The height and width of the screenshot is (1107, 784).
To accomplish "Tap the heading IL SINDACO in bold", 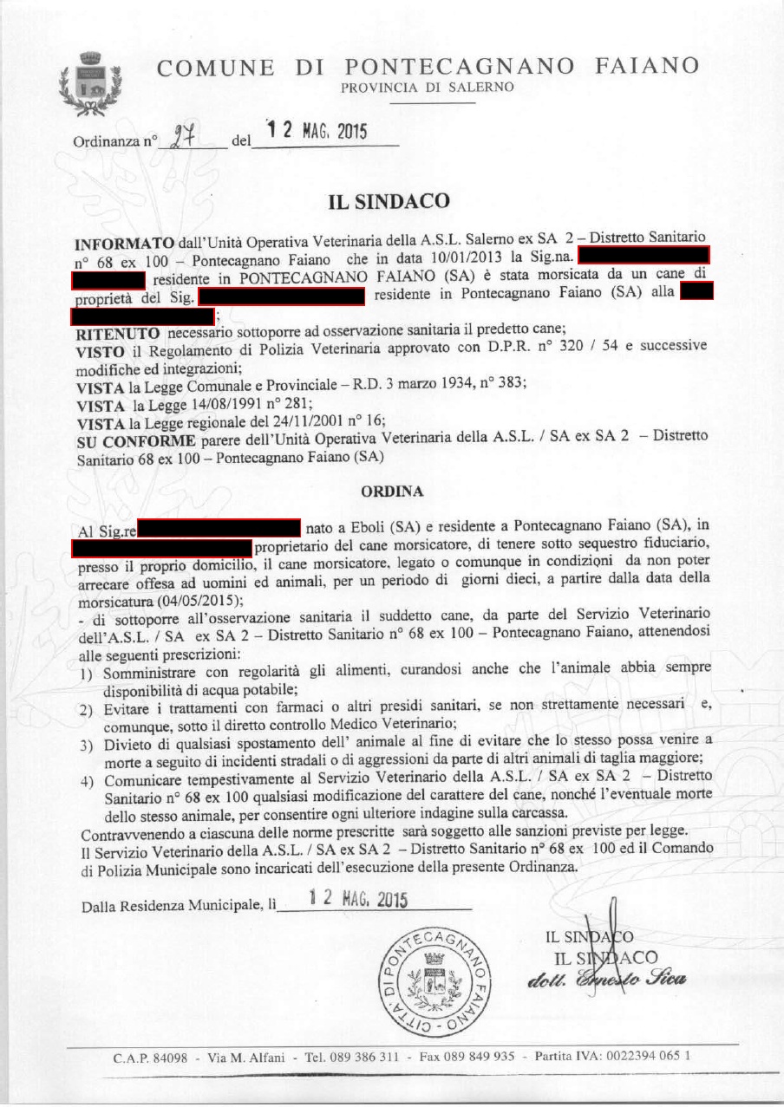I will point(389,202).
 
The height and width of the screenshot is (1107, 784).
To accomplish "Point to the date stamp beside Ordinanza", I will point(317,132).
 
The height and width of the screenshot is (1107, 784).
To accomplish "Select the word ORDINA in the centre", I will point(391,492).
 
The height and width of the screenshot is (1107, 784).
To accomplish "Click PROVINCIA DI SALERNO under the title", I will point(427,88).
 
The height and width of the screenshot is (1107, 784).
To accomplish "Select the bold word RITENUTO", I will point(118,332).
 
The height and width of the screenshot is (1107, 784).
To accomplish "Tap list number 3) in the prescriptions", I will point(86,745).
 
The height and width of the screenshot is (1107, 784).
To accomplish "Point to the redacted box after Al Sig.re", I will point(219,526).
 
